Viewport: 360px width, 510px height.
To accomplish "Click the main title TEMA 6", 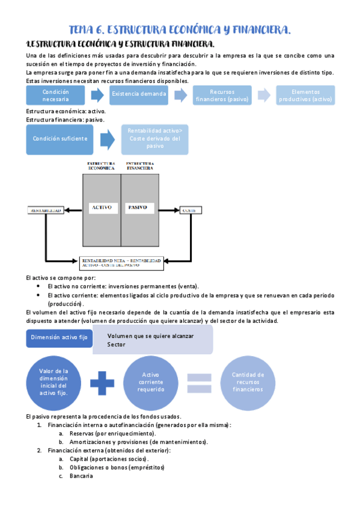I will (x=180, y=29).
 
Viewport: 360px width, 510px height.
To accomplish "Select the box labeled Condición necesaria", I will (x=56, y=94).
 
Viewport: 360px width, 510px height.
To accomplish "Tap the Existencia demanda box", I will (x=139, y=94).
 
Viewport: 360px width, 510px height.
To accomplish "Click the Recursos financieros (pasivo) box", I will (x=222, y=95).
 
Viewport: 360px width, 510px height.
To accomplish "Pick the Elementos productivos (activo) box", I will (x=305, y=95).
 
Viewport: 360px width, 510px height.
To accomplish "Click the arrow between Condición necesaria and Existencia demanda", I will (x=97, y=95).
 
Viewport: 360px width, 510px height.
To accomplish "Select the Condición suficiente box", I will (x=59, y=139).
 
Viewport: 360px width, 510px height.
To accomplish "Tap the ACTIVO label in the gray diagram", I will (x=100, y=207).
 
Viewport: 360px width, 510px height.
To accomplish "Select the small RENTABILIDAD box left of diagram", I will (x=46, y=210).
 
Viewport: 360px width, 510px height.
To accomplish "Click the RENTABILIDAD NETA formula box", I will (x=121, y=262).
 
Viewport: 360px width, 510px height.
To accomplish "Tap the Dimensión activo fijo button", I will (x=59, y=338).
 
